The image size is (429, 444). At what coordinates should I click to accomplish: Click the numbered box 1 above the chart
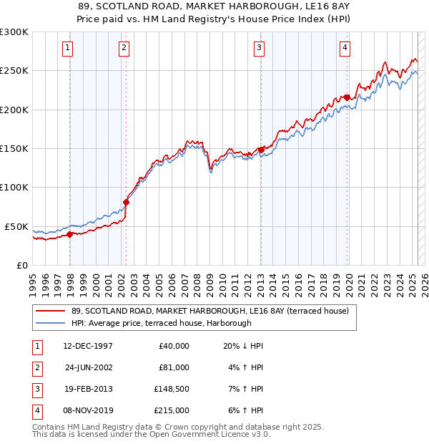[x=67, y=48]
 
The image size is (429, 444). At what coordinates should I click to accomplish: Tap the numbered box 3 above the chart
[x=259, y=48]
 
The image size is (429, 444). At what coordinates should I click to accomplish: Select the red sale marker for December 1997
[x=70, y=234]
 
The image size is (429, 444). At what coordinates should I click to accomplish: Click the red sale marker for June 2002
[x=127, y=202]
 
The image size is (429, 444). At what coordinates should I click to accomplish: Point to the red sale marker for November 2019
[x=347, y=97]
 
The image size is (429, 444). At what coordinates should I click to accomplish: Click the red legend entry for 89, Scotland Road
[x=209, y=311]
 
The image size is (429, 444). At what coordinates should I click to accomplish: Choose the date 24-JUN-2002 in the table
[x=89, y=367]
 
